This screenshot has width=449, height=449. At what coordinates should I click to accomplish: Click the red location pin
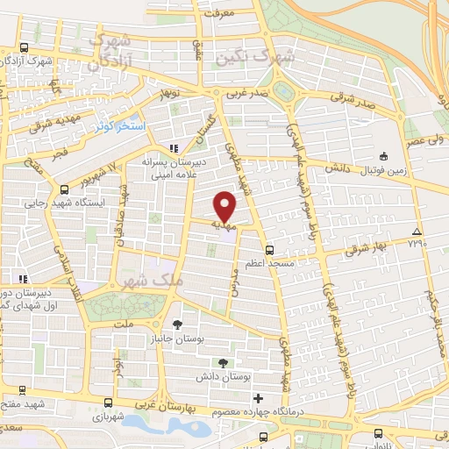[226, 206]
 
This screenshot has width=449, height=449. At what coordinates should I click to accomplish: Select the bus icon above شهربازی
[107, 403]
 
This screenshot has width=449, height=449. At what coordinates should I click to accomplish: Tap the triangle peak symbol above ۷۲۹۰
[417, 232]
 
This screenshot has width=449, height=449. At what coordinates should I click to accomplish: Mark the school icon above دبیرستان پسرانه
[173, 147]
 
